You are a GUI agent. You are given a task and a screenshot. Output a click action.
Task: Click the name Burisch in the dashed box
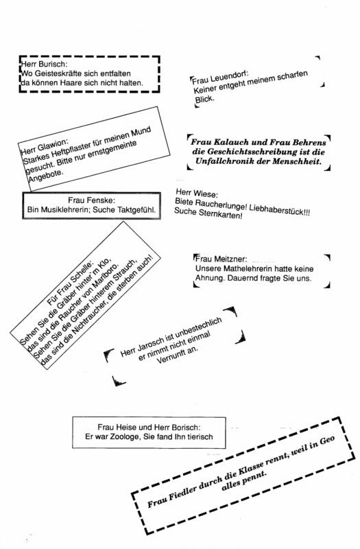pyautogui.click(x=53, y=64)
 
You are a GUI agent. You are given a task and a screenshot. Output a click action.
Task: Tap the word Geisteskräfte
pyautogui.click(x=58, y=73)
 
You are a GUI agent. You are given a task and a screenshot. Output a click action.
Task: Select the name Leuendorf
pyautogui.click(x=229, y=77)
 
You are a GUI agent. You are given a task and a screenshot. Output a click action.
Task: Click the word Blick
pyautogui.click(x=204, y=100)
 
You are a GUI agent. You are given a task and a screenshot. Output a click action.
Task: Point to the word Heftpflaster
pyautogui.click(x=69, y=151)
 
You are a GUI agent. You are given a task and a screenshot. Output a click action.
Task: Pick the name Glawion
pyautogui.click(x=52, y=145)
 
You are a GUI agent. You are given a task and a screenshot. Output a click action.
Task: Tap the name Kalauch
pyautogui.click(x=230, y=142)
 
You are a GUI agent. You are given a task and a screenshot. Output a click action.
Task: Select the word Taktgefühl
pyautogui.click(x=136, y=210)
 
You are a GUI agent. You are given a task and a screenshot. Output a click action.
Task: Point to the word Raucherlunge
pyautogui.click(x=221, y=207)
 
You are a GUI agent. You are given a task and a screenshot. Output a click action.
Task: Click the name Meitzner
pyautogui.click(x=230, y=259)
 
